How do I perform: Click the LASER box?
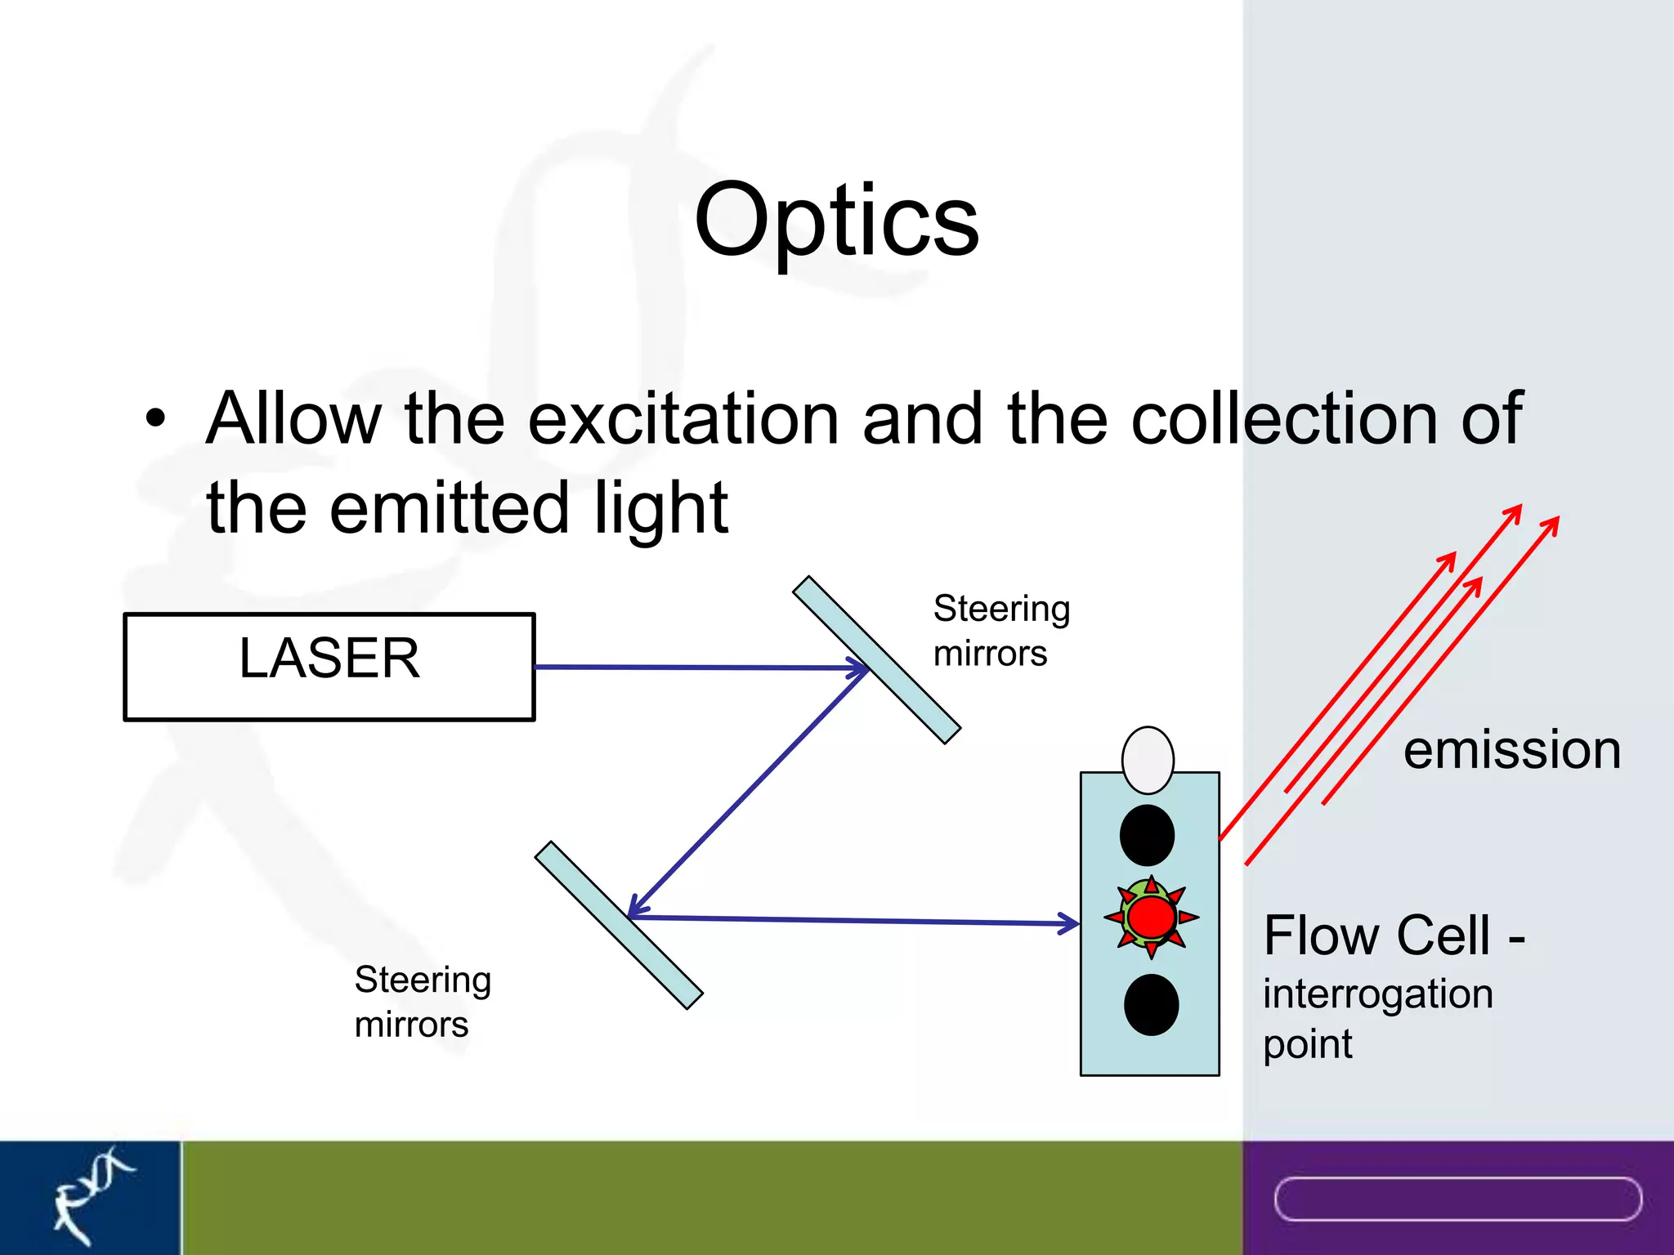(x=329, y=667)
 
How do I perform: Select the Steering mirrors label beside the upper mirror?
(x=1001, y=631)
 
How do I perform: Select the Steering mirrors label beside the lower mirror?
(x=423, y=1002)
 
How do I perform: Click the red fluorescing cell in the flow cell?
(x=1151, y=917)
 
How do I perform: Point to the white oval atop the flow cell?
(x=1148, y=760)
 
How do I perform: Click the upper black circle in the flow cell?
(x=1147, y=835)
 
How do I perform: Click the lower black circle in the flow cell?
(x=1151, y=1004)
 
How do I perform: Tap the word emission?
(x=1512, y=750)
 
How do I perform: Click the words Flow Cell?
(x=1377, y=936)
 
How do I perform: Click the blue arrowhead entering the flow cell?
(x=1069, y=923)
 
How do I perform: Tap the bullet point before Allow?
(x=155, y=419)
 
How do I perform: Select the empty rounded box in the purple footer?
(x=1457, y=1199)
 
